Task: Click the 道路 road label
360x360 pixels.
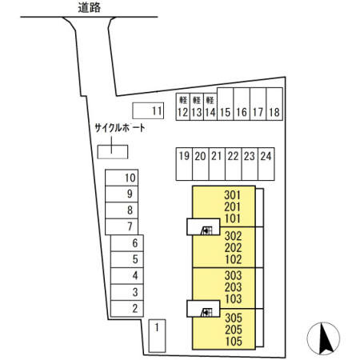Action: tap(90, 8)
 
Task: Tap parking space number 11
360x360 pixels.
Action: tap(148, 110)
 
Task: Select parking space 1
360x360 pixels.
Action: tap(157, 336)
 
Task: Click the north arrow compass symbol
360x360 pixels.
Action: tap(323, 338)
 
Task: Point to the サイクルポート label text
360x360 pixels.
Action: tap(120, 128)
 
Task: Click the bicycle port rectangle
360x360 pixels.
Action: tap(113, 152)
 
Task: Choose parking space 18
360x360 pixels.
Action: tap(274, 104)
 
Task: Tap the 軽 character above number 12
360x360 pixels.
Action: tap(183, 100)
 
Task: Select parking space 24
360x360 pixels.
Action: tap(266, 164)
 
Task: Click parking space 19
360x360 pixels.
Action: tap(184, 164)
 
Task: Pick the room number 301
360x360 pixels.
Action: tap(232, 195)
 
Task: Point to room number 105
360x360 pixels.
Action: tap(234, 342)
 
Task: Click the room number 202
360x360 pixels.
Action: tap(233, 248)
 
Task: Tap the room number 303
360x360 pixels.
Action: tap(233, 275)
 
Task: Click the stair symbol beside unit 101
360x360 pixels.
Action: tap(206, 230)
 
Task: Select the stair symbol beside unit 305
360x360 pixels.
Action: tap(206, 312)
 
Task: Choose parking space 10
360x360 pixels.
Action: tap(122, 178)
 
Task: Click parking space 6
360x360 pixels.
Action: tap(127, 243)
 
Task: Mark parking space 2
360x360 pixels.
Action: tap(127, 309)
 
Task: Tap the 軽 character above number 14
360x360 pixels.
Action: tap(210, 100)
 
